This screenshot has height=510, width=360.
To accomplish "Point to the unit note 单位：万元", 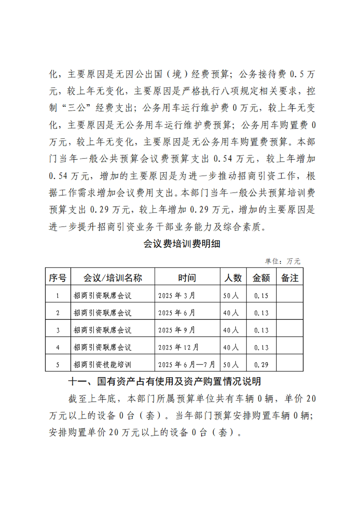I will pos(283,262).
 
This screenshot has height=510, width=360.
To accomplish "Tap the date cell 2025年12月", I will pos(179,347).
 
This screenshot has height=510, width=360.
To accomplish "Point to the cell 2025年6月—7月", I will pos(187,364).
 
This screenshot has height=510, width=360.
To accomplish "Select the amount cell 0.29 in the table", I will pos(261,364).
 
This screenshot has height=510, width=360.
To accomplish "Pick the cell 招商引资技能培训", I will pos(102,364).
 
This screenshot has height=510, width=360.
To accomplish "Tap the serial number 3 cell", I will pos(58,330).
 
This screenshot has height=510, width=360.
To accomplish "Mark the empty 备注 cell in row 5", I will pos(290,364).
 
